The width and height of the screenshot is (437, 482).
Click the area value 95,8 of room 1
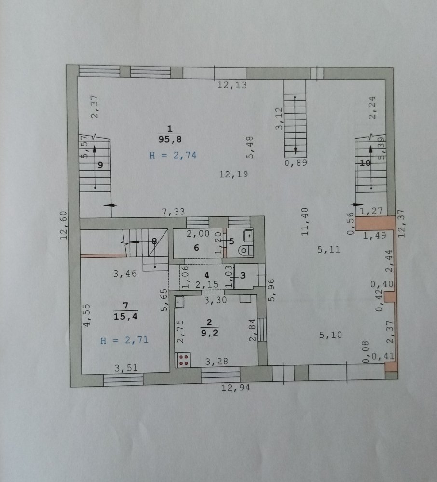[170, 140]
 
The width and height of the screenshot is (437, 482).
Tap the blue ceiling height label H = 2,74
[173, 155]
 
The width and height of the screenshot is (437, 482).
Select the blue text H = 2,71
[124, 340]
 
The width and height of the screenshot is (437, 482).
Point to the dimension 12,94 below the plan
[236, 388]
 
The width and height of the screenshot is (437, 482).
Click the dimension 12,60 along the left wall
[64, 225]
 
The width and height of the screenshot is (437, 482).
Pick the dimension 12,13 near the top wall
[232, 85]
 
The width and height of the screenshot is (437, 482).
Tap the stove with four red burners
[184, 360]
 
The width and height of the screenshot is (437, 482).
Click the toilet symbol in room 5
[245, 250]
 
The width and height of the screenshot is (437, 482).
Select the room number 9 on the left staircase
[100, 165]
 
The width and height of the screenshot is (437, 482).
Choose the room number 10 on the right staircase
[365, 163]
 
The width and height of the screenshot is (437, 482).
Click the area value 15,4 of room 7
[126, 316]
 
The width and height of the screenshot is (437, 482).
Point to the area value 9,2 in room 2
[209, 333]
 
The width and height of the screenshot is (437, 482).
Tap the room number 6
[196, 247]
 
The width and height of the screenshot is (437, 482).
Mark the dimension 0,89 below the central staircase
[296, 163]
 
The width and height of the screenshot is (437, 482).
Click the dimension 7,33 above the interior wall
[174, 212]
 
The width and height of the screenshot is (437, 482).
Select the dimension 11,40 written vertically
[305, 222]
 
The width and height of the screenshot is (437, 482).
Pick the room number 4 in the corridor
[206, 275]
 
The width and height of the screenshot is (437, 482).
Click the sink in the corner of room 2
[179, 302]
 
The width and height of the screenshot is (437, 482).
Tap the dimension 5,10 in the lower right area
[330, 335]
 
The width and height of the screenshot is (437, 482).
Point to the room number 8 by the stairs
[154, 241]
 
